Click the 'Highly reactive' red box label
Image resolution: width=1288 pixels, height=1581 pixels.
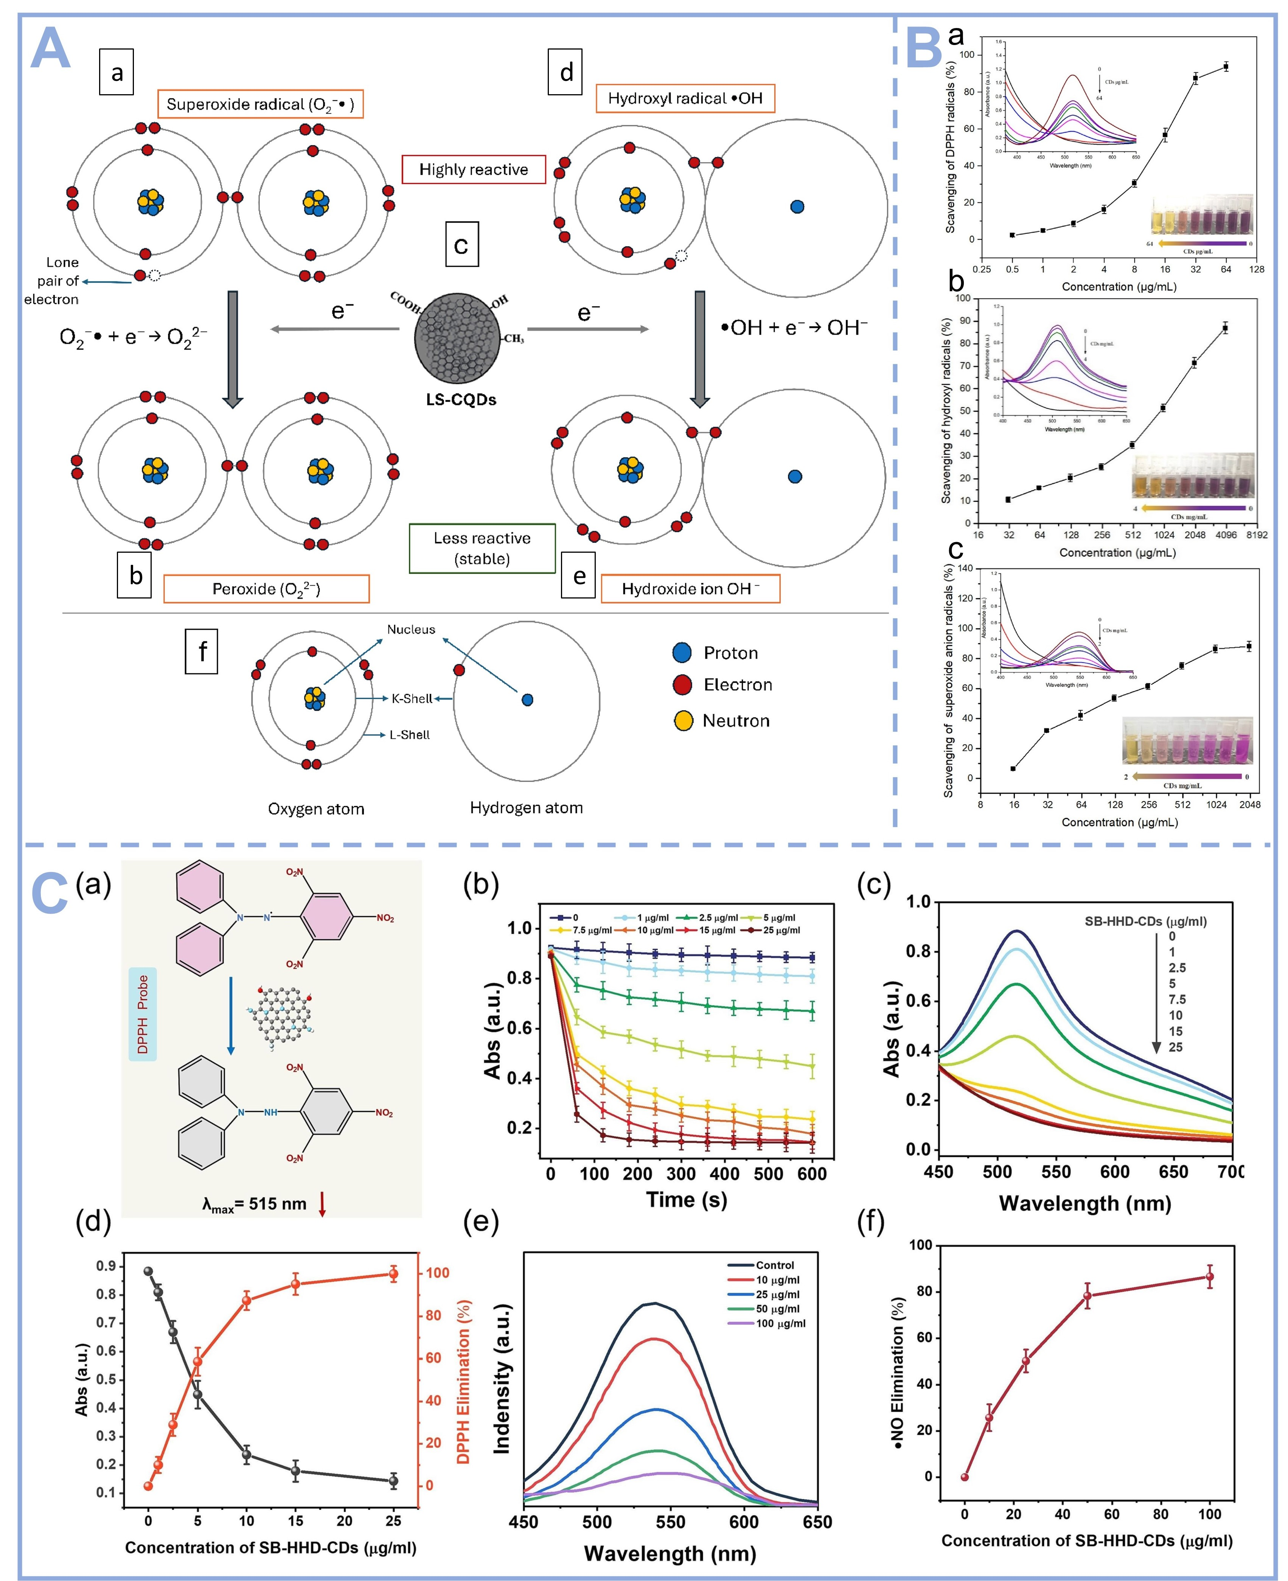[x=473, y=169]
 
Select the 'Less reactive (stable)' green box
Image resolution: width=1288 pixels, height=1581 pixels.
[x=482, y=548]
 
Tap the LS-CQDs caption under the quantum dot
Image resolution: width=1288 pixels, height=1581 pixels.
[x=461, y=399]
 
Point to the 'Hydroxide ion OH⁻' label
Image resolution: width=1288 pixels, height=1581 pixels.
[x=690, y=588]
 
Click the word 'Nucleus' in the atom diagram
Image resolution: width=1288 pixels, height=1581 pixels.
[x=411, y=629]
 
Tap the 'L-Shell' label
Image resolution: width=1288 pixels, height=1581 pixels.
[x=410, y=734]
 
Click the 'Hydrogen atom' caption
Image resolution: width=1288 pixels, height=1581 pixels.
[x=526, y=807]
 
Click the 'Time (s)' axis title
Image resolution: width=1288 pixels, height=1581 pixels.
[x=686, y=1200]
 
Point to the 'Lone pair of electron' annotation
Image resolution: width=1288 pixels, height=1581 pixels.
[x=52, y=280]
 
